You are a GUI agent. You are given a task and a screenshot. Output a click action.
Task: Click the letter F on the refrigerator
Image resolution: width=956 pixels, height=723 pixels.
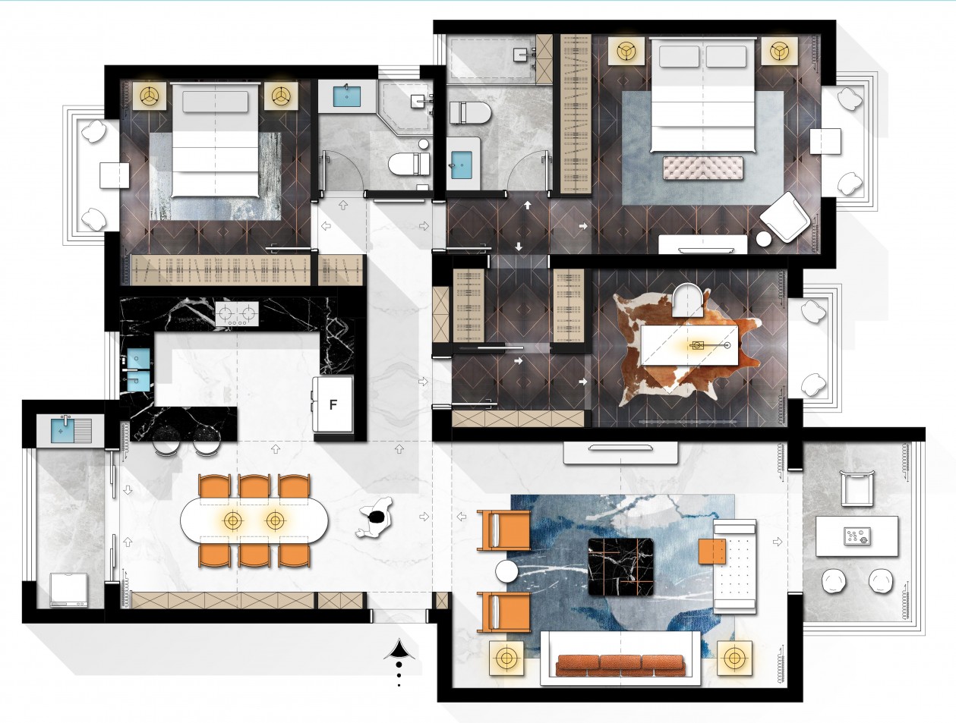coord(333,405)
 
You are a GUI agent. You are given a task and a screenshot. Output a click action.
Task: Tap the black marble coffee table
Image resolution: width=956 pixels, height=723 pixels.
coord(621,567)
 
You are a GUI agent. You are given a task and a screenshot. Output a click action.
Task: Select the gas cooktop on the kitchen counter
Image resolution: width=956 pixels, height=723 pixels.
coord(237,314)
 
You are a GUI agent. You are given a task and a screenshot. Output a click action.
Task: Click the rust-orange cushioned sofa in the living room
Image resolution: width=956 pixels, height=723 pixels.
coord(620,665)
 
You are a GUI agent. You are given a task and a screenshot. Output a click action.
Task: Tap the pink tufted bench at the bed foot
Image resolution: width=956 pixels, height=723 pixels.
coord(703,167)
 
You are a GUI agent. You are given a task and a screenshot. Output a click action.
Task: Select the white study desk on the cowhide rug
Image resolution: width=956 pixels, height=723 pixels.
coord(689,345)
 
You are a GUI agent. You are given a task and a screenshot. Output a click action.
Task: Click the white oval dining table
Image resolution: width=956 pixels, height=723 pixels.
coord(254,520)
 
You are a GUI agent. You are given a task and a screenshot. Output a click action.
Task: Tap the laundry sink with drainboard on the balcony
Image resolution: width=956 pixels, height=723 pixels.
coord(71,430)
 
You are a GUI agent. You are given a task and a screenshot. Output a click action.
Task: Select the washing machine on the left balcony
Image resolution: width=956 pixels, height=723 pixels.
coord(69,590)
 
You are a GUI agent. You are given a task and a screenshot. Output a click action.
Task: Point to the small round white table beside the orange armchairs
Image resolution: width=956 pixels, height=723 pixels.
coord(507,571)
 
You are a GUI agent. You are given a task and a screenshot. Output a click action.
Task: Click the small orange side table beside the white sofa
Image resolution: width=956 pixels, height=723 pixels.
coord(712,552)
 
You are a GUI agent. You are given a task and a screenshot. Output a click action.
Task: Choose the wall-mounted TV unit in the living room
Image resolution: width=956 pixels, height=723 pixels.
coord(620,453)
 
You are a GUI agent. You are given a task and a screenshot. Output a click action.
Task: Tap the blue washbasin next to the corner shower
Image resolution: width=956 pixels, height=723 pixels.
coord(347,96)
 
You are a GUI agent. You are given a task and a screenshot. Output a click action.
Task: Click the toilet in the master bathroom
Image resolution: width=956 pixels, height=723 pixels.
coord(470,113)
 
